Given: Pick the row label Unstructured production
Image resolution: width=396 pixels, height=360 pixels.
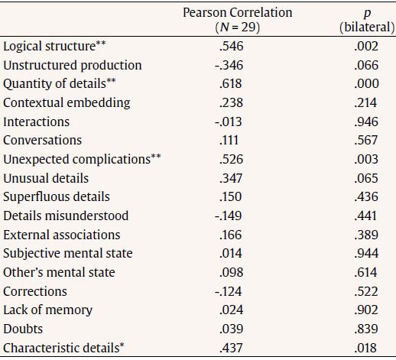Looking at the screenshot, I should [x=73, y=66].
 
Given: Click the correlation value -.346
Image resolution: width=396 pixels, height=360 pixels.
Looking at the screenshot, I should [x=229, y=66].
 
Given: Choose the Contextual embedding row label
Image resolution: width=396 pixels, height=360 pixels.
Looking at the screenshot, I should [x=67, y=103].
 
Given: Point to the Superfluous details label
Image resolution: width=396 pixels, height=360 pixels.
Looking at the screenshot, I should [x=57, y=197].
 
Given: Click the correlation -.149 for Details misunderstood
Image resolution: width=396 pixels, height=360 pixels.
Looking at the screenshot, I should [x=229, y=216].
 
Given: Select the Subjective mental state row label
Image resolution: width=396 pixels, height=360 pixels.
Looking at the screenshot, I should [x=68, y=254].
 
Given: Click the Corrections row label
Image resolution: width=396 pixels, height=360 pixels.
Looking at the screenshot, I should [x=35, y=291].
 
